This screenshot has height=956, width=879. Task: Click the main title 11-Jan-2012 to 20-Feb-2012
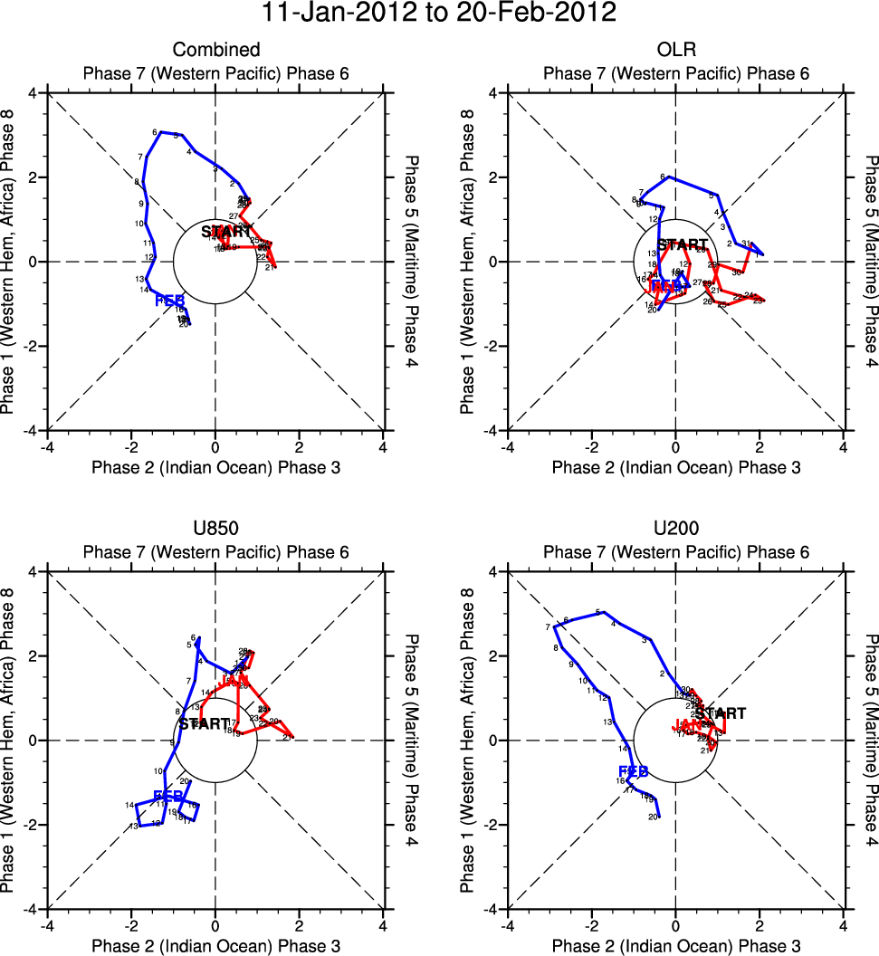coord(439,14)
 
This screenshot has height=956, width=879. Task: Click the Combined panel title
coord(215,50)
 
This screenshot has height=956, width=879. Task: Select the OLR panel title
coord(675,50)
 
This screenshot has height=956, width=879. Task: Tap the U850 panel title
coord(215,529)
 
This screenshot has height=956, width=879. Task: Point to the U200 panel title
coord(675,529)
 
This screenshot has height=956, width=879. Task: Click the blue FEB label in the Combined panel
coord(169,301)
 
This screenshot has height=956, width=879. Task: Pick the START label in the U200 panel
coord(721,713)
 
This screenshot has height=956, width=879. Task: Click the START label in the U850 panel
coord(204,724)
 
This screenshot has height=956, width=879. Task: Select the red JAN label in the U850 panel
coord(234,680)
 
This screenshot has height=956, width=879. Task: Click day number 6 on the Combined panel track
coord(155,132)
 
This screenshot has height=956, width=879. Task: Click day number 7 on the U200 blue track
coord(549,627)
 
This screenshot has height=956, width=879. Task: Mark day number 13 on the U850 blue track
coord(133,827)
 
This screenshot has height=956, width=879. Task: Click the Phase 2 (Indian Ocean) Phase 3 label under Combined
coord(215,467)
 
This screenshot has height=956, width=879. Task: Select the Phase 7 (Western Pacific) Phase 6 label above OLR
coord(675,73)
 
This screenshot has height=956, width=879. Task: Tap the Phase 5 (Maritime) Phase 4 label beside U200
coord(871,740)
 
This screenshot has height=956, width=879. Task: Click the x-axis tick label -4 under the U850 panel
coord(47,925)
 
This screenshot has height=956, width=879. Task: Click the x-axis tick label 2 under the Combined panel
coord(299,446)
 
